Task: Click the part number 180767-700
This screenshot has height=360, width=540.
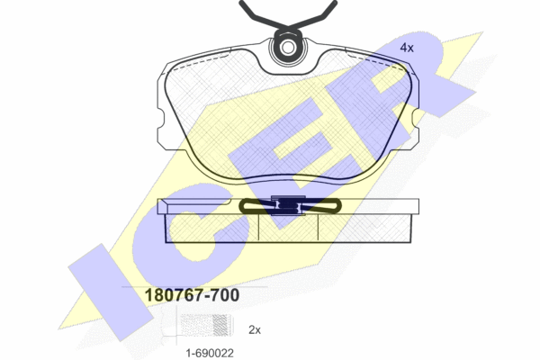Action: pos(192,295)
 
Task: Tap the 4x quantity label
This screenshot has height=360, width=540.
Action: pos(407,48)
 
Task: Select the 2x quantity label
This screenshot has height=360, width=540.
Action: pos(255,330)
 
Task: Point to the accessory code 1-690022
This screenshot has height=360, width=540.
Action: pos(210,353)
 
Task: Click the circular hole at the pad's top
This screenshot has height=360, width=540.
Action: pos(287,48)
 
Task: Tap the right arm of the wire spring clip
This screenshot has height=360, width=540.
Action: pos(312,15)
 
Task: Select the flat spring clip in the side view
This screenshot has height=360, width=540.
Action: pos(290,206)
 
